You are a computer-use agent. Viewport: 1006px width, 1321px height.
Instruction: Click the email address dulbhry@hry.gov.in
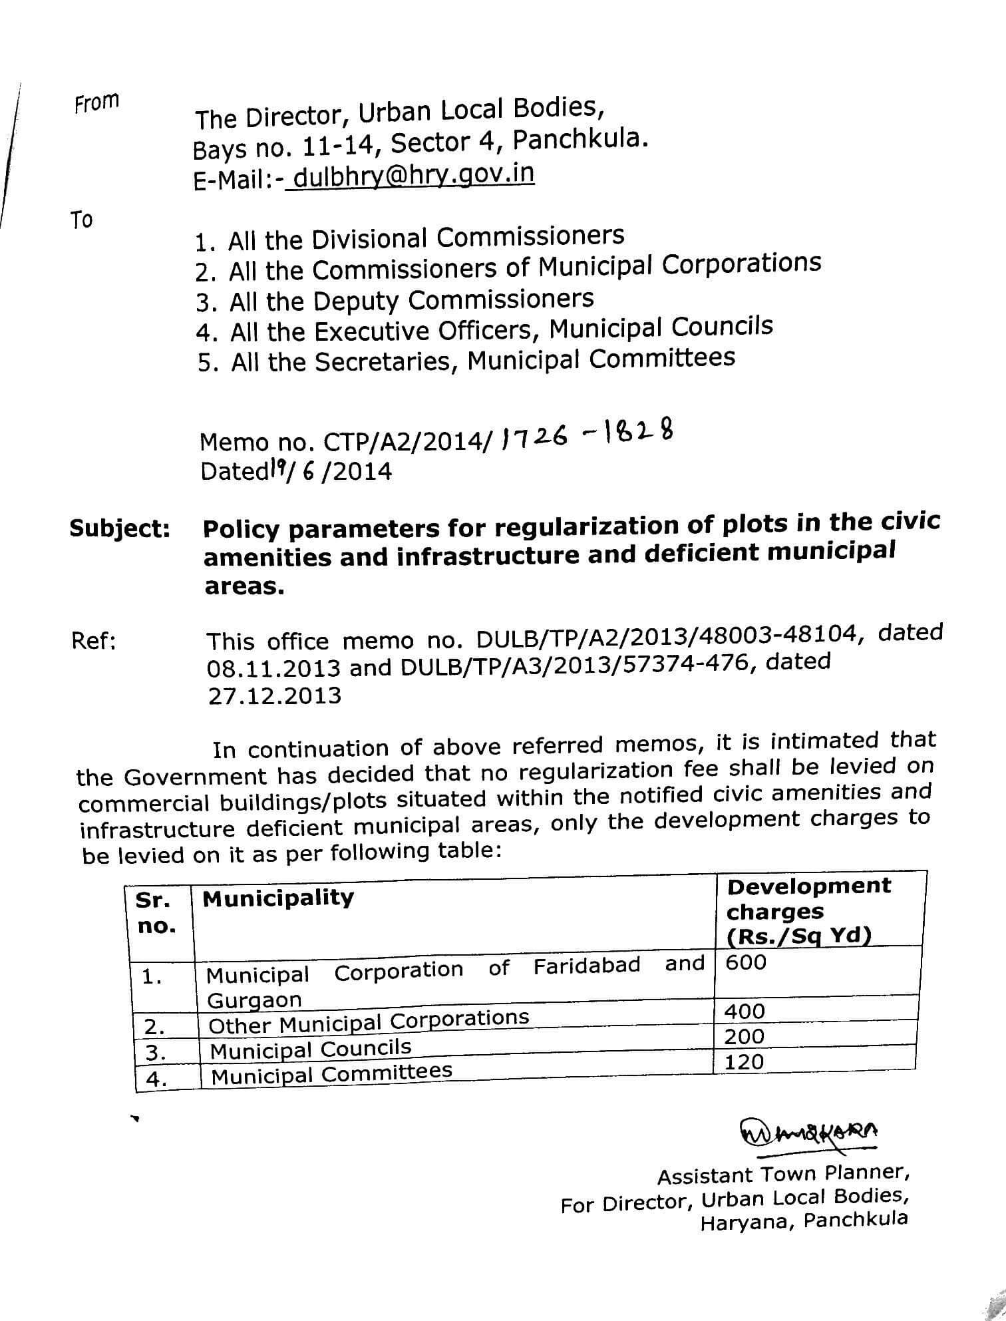(x=413, y=176)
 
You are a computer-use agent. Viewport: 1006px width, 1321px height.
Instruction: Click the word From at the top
(x=96, y=103)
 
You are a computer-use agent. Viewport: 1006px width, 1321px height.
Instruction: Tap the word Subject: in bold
(x=120, y=529)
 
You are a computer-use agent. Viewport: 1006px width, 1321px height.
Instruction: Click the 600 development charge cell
(x=747, y=962)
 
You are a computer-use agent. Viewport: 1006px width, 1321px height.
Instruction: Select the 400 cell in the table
(x=745, y=1012)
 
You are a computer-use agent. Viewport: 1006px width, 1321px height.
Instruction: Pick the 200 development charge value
(x=745, y=1036)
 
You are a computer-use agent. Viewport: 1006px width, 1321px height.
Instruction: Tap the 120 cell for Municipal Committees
(x=744, y=1061)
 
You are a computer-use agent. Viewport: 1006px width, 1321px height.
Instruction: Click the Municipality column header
(x=278, y=898)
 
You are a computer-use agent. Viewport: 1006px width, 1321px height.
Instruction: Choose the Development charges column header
(x=808, y=910)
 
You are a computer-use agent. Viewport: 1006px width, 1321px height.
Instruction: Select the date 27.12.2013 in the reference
(x=274, y=696)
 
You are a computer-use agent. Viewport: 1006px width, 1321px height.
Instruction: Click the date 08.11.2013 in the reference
(x=273, y=668)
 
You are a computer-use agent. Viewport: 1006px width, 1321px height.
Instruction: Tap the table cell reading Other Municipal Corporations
(x=369, y=1022)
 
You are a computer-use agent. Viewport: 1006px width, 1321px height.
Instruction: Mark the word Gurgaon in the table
(x=255, y=1000)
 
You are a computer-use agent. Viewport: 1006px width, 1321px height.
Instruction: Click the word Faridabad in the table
(x=586, y=966)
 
